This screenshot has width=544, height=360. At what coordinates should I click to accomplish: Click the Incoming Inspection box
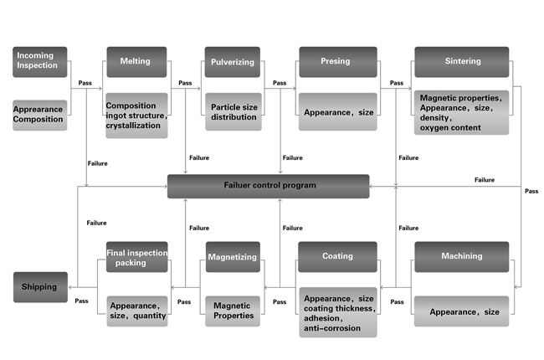39,61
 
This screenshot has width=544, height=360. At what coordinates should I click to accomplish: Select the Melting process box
136,61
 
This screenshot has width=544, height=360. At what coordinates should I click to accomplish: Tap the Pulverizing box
233,61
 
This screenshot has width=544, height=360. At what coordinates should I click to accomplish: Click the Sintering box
461,61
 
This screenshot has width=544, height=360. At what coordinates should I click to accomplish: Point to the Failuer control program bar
268,186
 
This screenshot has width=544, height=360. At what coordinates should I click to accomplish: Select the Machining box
461,256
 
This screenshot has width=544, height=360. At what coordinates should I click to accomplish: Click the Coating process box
338,256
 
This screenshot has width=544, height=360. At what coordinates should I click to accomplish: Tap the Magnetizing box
233,256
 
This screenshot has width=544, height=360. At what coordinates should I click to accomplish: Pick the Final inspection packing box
136,256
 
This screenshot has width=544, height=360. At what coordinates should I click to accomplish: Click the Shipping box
39,286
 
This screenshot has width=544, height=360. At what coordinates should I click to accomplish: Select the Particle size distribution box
233,111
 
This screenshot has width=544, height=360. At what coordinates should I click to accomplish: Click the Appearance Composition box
39,114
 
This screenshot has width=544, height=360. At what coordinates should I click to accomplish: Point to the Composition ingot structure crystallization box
136,115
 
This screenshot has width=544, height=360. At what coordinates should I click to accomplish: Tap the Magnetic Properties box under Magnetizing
233,310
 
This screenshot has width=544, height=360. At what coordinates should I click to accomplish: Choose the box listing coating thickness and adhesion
338,311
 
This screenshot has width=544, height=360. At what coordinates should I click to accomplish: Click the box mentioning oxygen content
461,112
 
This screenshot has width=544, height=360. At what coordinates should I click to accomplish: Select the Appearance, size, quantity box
136,310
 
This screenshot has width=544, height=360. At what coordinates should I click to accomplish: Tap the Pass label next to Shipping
82,301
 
